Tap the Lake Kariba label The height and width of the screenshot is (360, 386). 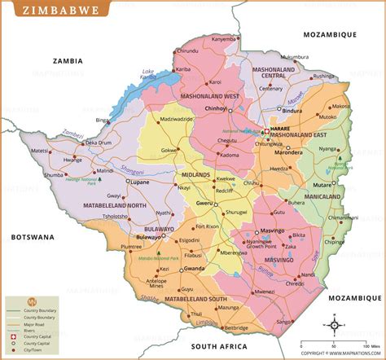147,73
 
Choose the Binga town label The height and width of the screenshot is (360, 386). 102,120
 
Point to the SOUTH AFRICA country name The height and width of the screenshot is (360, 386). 218,346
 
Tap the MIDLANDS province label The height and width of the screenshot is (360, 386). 196,175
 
